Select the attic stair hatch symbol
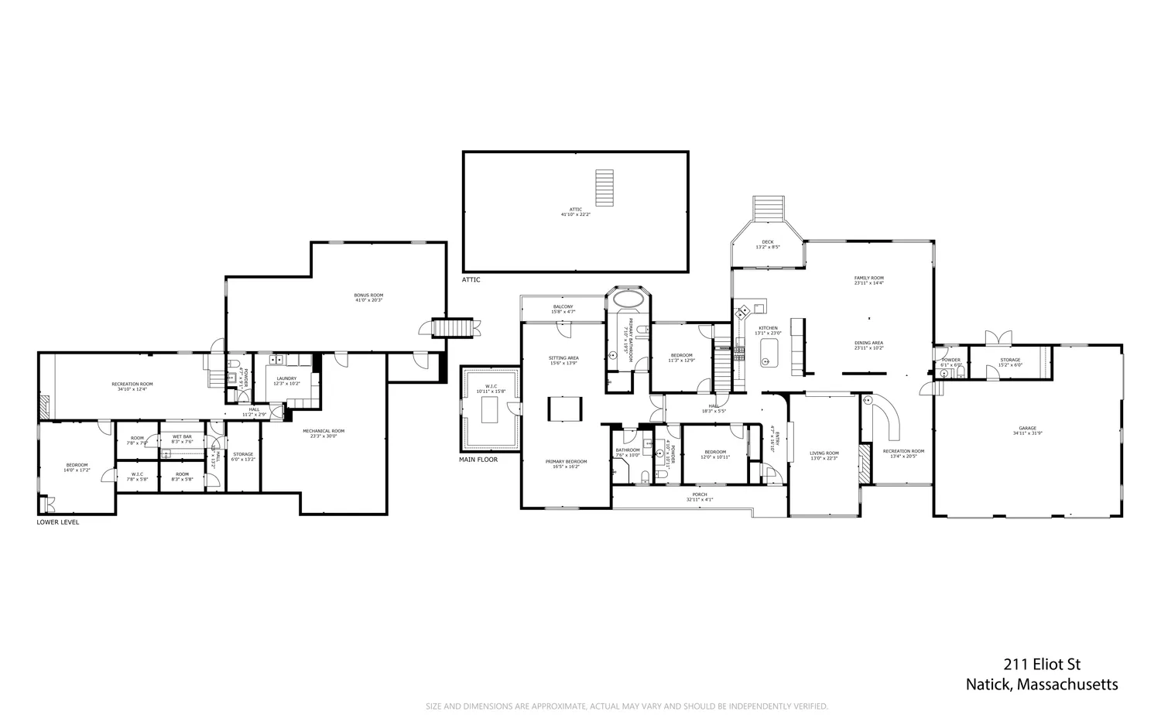[x=604, y=185]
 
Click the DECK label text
[x=767, y=242]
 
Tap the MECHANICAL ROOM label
[x=323, y=431]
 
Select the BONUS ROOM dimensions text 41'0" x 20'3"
[x=368, y=300]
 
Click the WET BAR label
[x=181, y=437]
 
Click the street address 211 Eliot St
[x=1042, y=664]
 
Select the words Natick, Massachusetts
[x=1042, y=685]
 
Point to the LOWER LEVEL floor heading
[x=57, y=522]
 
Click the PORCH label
[x=699, y=494]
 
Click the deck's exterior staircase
[x=769, y=207]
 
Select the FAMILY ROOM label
[x=868, y=278]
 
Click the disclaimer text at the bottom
[x=627, y=706]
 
